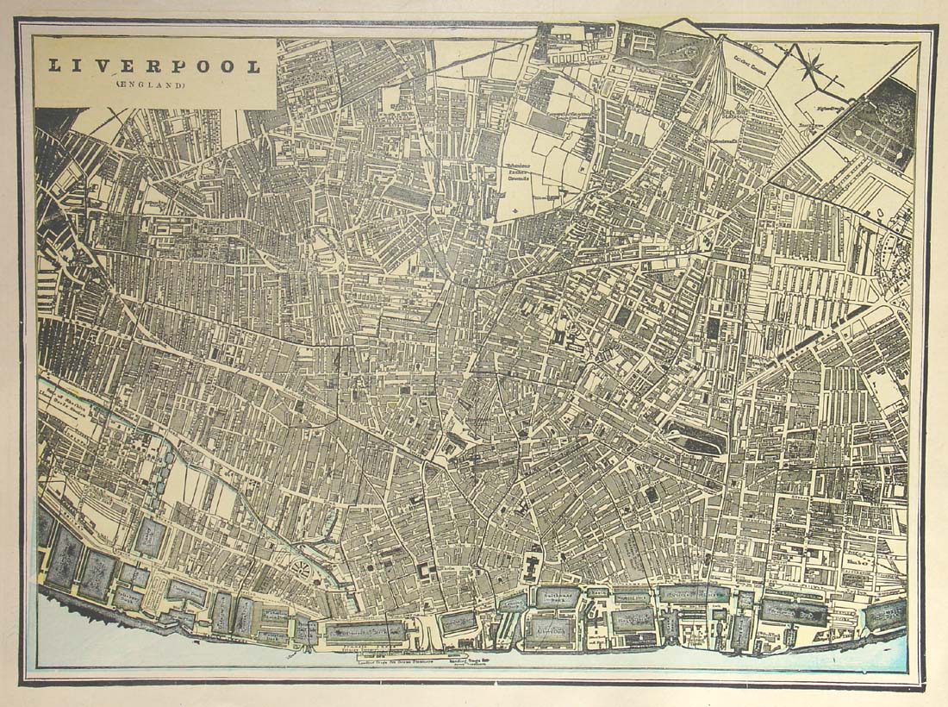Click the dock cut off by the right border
coord(888,615)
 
